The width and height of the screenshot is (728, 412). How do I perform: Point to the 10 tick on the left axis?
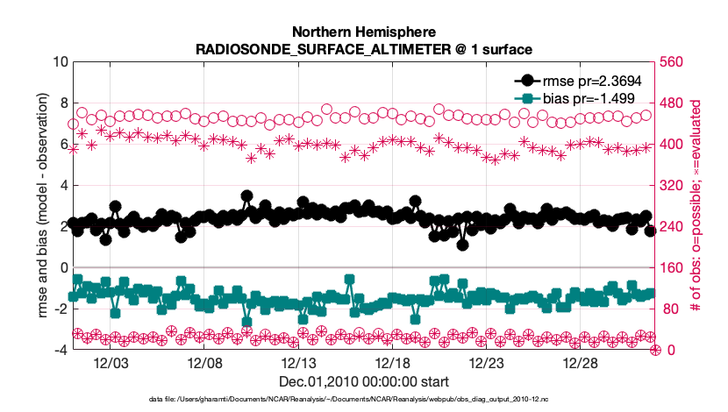click(60, 62)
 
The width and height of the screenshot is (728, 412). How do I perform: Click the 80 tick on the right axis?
click(671, 309)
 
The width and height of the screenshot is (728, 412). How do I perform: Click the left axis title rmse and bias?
click(42, 206)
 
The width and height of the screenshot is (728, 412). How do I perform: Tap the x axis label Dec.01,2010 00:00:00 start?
click(363, 382)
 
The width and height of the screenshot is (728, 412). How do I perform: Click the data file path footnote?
click(363, 399)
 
